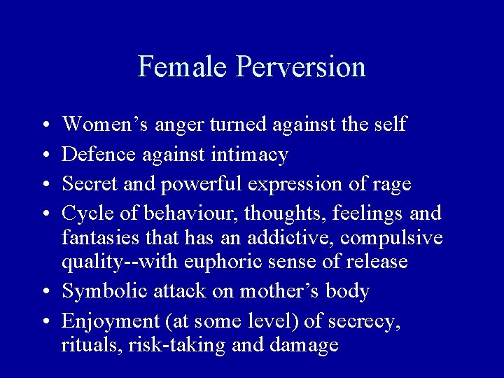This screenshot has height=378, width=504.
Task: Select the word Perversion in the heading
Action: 301,67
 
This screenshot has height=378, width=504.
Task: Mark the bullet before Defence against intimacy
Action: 45,155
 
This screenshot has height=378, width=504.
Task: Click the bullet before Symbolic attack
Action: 45,292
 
